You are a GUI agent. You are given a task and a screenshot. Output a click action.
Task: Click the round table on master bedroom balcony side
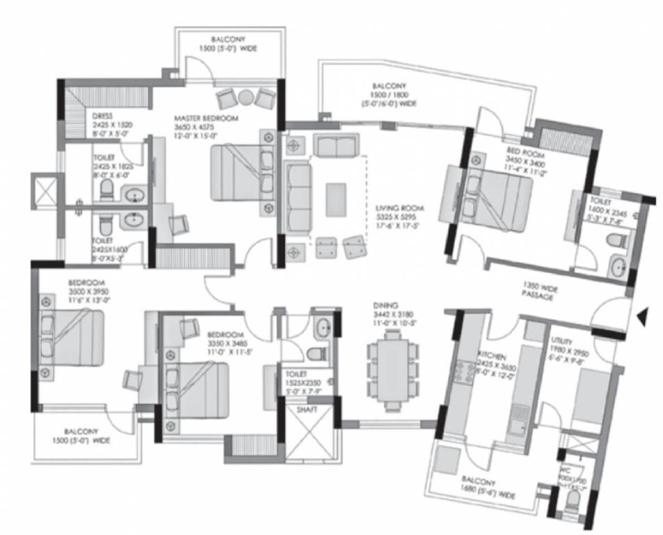click(246, 97)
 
